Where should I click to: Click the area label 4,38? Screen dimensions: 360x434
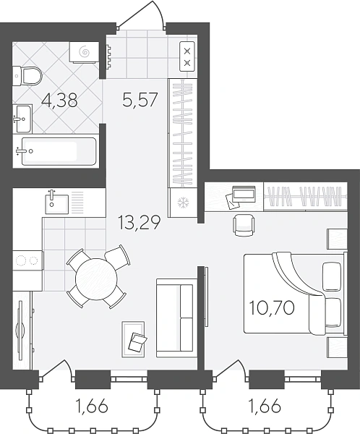coord(59,101)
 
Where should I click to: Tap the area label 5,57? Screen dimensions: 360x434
coord(140,100)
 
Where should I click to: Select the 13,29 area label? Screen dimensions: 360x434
coord(140,223)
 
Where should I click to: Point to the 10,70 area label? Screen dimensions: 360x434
coord(272,308)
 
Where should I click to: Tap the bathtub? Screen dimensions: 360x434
coord(59,151)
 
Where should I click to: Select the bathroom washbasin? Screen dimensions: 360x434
coord(22,119)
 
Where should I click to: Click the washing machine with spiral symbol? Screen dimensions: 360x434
coord(84,52)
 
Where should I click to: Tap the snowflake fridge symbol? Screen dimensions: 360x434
coord(183,203)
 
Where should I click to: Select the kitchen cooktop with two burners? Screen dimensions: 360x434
coord(27,260)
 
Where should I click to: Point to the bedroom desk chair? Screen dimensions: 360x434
coord(244,225)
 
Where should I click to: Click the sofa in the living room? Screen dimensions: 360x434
coord(175,318)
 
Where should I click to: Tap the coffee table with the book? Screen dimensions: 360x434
coord(133,339)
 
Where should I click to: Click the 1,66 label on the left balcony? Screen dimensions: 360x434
coord(91,407)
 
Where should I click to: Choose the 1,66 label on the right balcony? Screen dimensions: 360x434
coord(265,407)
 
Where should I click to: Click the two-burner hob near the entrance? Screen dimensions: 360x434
coord(188,56)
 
